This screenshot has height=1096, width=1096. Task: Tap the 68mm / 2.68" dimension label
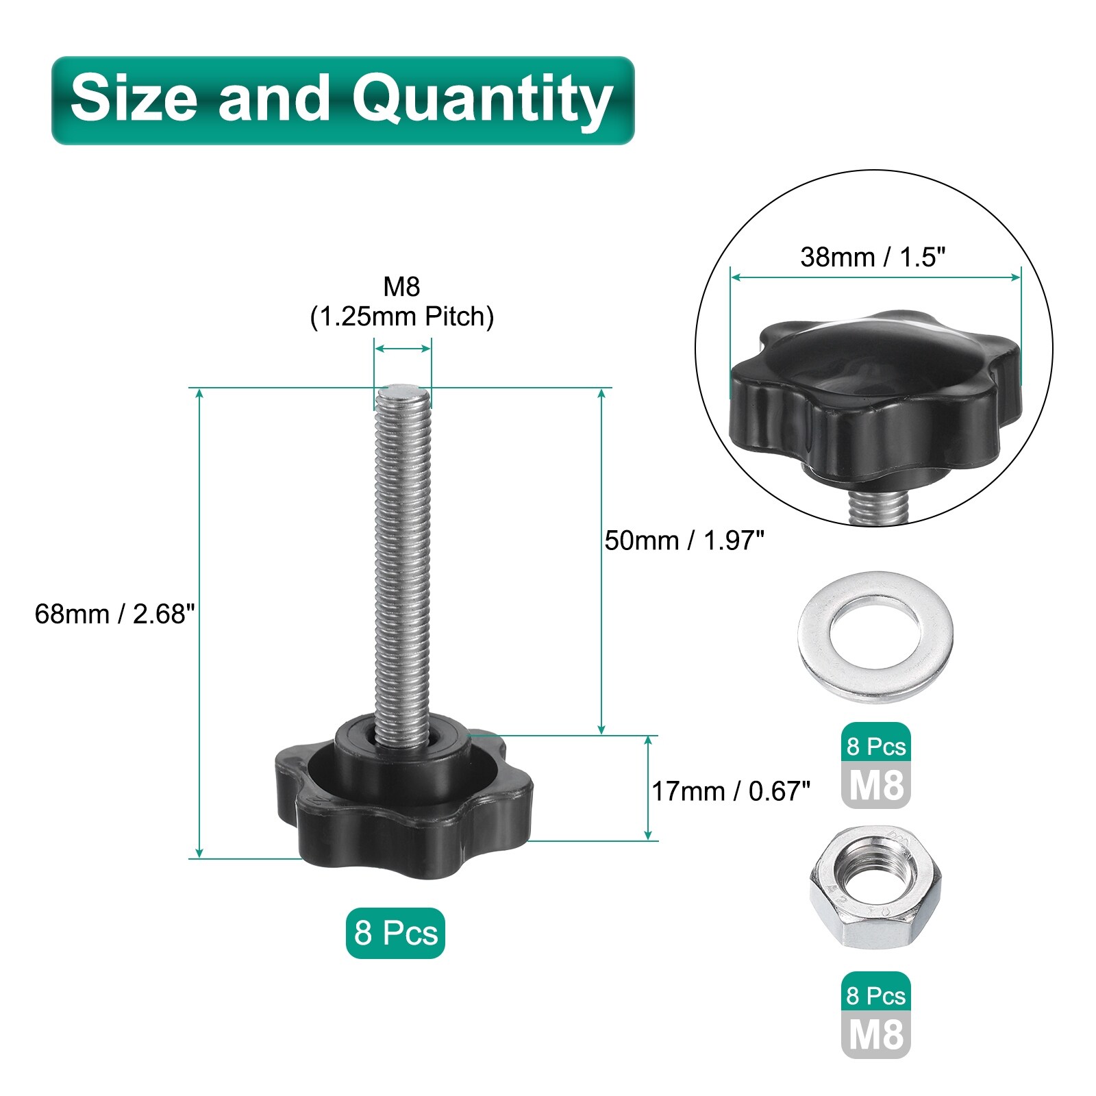(115, 614)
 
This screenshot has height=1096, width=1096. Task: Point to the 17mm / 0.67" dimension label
(731, 791)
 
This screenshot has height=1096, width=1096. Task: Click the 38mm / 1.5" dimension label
(873, 257)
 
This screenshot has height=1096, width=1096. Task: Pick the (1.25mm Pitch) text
(402, 317)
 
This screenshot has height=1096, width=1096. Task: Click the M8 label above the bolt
(401, 286)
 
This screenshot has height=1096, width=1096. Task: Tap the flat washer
(875, 637)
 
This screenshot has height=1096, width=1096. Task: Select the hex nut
(875, 888)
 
